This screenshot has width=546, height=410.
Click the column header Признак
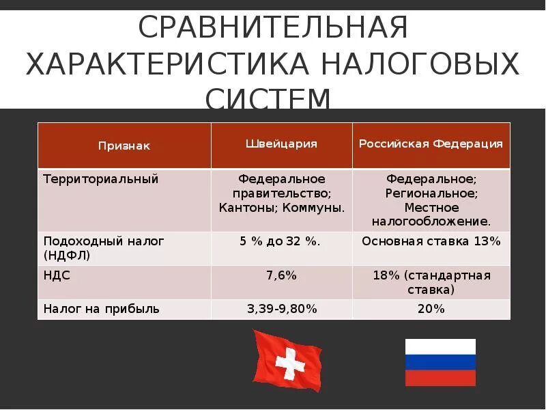(124, 146)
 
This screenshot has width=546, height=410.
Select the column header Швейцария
(281, 143)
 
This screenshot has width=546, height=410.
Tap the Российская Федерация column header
(431, 143)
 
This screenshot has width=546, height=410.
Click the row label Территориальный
(101, 179)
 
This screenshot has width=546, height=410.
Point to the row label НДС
(57, 275)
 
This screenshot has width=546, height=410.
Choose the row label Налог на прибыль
(102, 309)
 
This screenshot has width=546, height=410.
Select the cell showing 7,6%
(282, 275)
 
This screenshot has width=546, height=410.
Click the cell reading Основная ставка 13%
(431, 241)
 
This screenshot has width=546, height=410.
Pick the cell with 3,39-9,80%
(282, 309)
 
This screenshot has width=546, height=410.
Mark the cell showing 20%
(431, 309)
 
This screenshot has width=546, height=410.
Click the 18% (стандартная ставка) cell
(431, 282)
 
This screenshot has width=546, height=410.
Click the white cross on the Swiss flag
(290, 361)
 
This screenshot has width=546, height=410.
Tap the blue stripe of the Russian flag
(440, 363)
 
